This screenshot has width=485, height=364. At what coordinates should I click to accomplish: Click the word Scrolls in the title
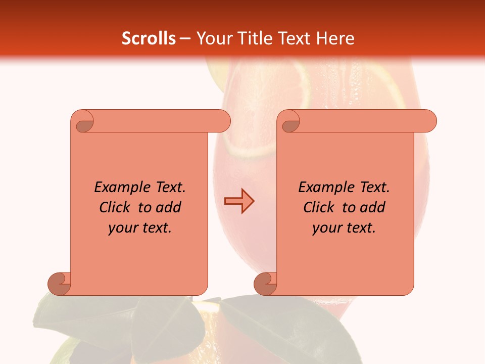point(149,38)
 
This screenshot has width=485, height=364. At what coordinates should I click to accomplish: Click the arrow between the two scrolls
point(239,201)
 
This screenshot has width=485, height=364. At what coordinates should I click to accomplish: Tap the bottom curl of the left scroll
point(60,284)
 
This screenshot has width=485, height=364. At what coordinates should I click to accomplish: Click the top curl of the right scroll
point(289,122)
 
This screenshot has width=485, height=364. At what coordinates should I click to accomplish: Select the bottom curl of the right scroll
point(266,284)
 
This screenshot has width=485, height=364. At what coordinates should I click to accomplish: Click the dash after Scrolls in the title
point(185,38)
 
